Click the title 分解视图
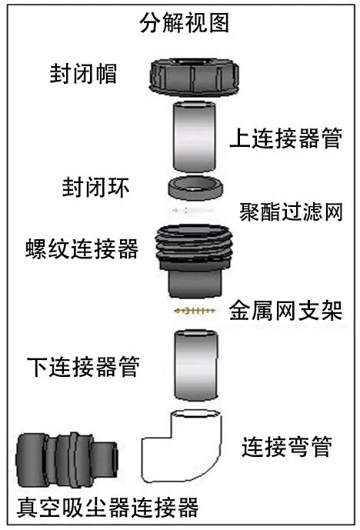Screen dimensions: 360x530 184,22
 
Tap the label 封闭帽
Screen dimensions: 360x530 83,73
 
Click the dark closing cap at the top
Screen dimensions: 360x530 194,76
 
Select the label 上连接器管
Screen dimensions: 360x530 286,138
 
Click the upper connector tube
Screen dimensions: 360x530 195,137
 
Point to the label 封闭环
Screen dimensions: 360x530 95,187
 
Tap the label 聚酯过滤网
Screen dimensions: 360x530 291,212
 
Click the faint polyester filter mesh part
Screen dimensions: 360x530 192,211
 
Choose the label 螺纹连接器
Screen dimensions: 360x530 82,248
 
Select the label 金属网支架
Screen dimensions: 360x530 285,311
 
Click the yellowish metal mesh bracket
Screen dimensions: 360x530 195,311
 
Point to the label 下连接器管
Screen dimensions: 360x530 83,367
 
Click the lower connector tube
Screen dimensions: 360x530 196,365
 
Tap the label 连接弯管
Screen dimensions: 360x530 287,447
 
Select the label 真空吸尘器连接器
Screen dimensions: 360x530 108,508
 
